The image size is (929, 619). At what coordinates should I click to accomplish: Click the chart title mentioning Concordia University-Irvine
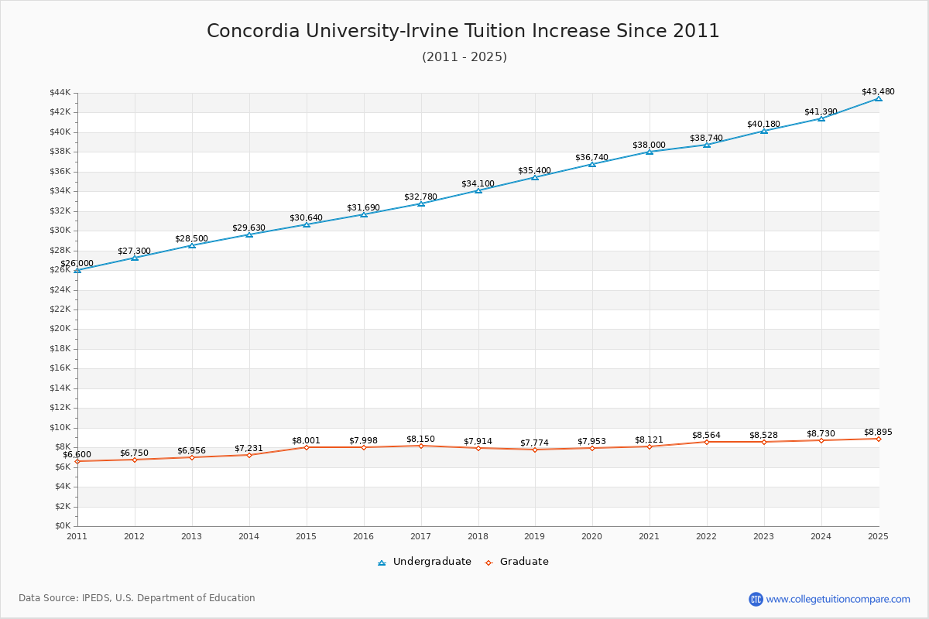pos(463,31)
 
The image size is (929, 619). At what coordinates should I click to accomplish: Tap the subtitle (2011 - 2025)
pos(464,57)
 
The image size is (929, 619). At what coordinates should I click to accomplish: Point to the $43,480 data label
pos(878,91)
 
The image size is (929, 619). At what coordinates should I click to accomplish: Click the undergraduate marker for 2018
pos(478,190)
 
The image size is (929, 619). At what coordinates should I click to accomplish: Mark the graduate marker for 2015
pos(307,447)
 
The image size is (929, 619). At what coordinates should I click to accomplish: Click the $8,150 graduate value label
pos(420,439)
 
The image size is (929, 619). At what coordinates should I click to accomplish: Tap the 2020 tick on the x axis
pos(592,535)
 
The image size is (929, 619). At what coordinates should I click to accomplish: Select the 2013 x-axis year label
pos(192,535)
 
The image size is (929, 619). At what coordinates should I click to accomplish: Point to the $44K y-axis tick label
pos(60,93)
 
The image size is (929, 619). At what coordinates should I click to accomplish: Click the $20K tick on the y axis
pos(60,329)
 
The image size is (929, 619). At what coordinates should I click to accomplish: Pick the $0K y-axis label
pos(62,526)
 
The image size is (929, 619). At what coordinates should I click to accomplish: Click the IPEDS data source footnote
pos(137,598)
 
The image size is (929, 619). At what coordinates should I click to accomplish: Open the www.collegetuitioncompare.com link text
pos(838,599)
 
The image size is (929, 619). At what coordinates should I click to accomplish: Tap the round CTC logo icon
pos(756,599)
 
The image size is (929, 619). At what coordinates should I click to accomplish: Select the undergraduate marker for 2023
pos(764,131)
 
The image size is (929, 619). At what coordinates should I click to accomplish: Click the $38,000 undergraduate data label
pos(649,145)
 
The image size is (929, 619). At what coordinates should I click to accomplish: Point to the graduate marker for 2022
pos(706,442)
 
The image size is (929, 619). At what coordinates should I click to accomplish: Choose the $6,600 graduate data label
pos(77,455)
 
